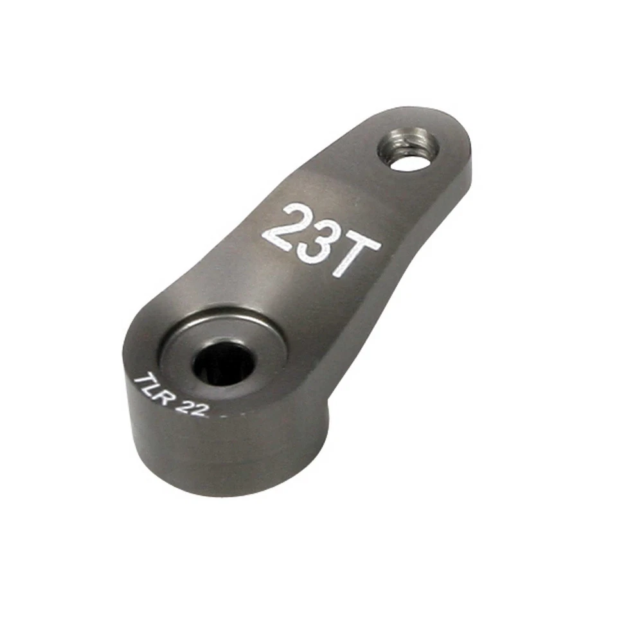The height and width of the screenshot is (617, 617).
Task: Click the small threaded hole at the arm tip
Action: pyautogui.click(x=408, y=149)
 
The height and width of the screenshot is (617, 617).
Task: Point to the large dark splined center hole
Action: pyautogui.click(x=224, y=364)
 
